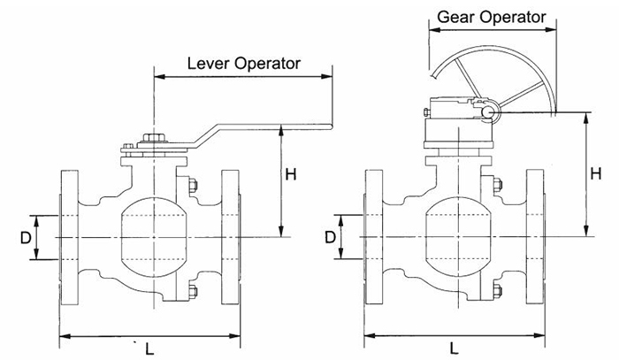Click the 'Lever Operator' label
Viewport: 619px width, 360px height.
[x=244, y=64]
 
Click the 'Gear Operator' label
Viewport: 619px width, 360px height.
[x=493, y=16]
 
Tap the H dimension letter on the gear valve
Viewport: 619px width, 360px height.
[x=598, y=173]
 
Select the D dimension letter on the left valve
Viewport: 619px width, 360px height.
[x=27, y=238]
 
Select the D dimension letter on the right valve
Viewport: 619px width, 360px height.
[x=330, y=237]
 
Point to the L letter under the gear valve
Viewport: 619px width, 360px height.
[x=453, y=348]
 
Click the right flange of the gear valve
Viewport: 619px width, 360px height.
[x=535, y=237]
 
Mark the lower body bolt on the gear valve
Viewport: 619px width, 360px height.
[x=496, y=291]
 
